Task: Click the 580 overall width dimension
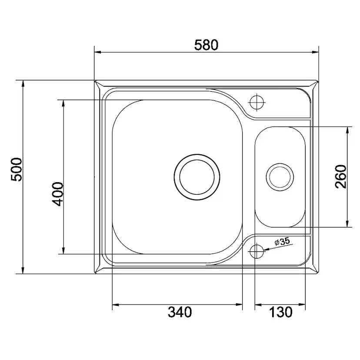coord(206,45)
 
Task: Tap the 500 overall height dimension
coord(17,169)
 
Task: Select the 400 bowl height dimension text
coord(57,194)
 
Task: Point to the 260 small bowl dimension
coord(340,177)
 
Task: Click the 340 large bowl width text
coord(180,312)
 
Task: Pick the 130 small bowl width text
coord(280,312)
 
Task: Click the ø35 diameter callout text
coord(282,242)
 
